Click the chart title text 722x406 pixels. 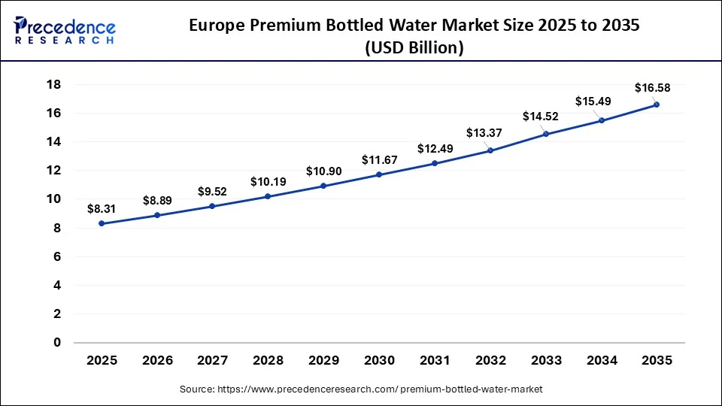click(x=414, y=35)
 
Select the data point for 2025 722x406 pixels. click(x=102, y=223)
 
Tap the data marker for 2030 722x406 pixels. click(x=379, y=174)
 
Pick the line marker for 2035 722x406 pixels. click(x=657, y=105)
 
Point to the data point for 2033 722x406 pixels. click(x=545, y=134)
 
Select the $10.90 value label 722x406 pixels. click(x=323, y=171)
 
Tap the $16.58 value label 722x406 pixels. click(x=652, y=88)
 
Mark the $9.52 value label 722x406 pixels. click(x=212, y=191)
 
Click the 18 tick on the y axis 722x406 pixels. click(x=53, y=84)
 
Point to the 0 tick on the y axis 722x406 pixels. click(x=57, y=343)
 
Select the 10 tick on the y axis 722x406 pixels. click(x=53, y=199)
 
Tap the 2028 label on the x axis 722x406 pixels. click(x=268, y=361)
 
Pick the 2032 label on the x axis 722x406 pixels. click(x=490, y=361)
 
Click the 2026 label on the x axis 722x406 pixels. click(x=157, y=361)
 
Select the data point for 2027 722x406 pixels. click(x=212, y=206)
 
